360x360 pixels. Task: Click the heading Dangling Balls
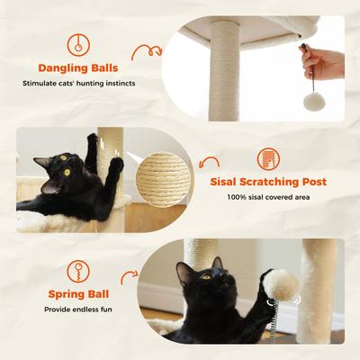tap(77, 67)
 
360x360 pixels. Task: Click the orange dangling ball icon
tap(78, 41)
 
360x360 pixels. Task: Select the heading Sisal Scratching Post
tap(268, 182)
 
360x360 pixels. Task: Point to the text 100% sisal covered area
tap(268, 197)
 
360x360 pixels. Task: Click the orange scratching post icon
tap(268, 158)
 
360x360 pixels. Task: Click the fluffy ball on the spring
tap(280, 285)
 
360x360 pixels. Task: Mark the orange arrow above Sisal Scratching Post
tap(210, 163)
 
